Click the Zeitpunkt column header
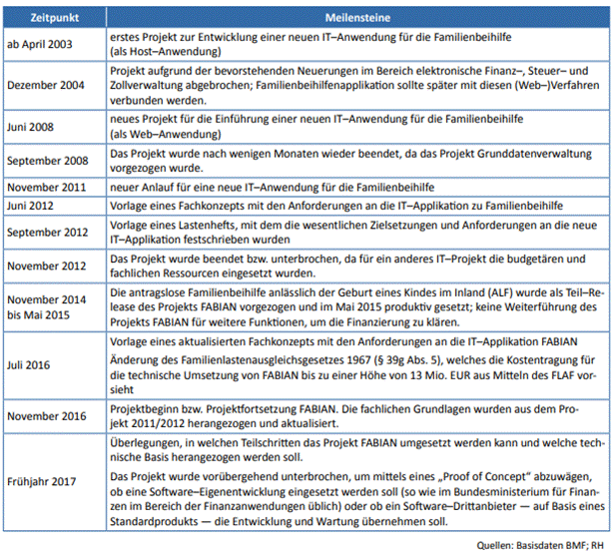55,17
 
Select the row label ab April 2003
39,43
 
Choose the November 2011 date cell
48,188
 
